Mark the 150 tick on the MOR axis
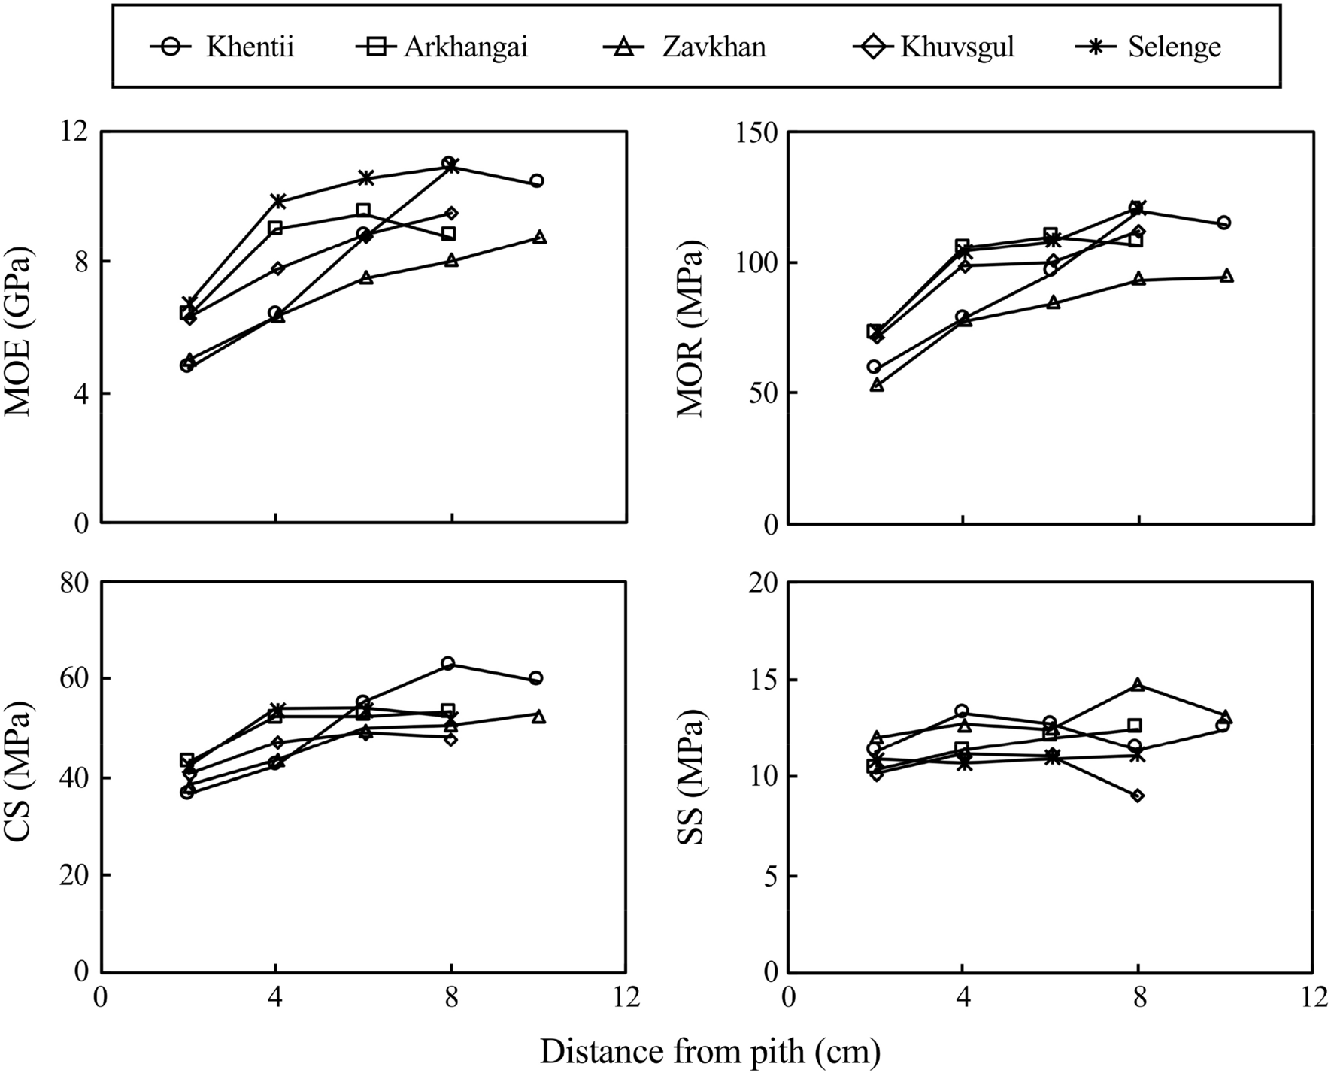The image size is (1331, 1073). pyautogui.click(x=761, y=132)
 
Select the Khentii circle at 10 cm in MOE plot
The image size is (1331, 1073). pyautogui.click(x=537, y=181)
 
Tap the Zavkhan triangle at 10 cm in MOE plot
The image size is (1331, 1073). pyautogui.click(x=539, y=237)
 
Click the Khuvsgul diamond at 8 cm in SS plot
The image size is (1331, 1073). pyautogui.click(x=1137, y=795)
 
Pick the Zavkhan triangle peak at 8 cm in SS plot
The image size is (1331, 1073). pyautogui.click(x=1138, y=685)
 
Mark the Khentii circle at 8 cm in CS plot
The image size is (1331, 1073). pyautogui.click(x=448, y=663)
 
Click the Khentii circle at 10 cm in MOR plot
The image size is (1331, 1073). pyautogui.click(x=1224, y=223)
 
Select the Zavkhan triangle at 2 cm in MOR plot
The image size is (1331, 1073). pyautogui.click(x=877, y=385)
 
